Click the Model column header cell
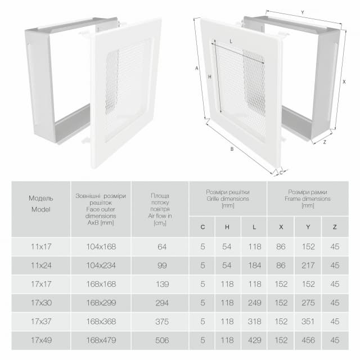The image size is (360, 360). [41, 209]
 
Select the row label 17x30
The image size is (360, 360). [41, 303]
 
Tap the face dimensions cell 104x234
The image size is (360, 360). [101, 265]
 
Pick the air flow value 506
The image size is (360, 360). [162, 340]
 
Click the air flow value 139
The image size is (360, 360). [163, 284]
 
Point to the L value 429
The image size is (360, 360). [254, 340]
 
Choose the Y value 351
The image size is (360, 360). [308, 321]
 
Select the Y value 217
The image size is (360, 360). [308, 265]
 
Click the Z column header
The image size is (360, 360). [335, 227]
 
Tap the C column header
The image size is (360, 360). [202, 227]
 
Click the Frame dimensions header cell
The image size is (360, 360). [308, 199]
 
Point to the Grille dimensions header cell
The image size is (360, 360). [228, 199]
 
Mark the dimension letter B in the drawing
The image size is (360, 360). [232, 149]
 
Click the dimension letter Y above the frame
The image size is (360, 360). [303, 12]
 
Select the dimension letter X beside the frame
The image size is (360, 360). [344, 82]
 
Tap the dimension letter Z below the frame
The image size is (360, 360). [325, 142]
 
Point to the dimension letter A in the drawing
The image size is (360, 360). [196, 68]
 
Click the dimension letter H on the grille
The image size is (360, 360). [210, 77]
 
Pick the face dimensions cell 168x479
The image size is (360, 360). [101, 340]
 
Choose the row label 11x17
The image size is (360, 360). [41, 246]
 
